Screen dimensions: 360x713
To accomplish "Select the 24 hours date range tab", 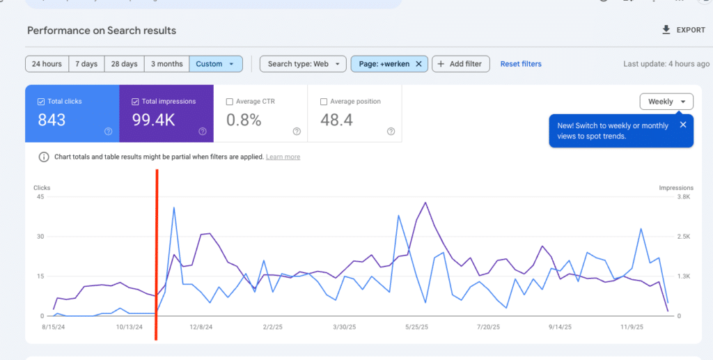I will [x=47, y=64].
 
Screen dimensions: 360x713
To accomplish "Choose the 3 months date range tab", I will [x=166, y=64].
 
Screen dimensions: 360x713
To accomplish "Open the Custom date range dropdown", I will [x=215, y=64].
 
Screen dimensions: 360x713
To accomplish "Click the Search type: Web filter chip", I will [x=303, y=64].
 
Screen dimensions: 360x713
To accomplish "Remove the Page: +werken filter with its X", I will [x=418, y=64].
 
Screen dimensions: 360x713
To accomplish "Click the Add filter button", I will [x=460, y=64].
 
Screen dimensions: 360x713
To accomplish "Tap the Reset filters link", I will [x=521, y=64].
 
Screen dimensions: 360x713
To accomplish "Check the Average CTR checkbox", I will [x=230, y=102].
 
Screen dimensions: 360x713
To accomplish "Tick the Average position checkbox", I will [x=324, y=102].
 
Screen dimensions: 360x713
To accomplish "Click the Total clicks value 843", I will [x=52, y=120].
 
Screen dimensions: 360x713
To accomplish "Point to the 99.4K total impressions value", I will [x=154, y=120].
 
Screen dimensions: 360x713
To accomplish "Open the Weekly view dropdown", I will [x=666, y=102].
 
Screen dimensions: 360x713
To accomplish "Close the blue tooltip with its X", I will [x=683, y=125].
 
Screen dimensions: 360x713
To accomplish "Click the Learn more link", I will [x=283, y=157].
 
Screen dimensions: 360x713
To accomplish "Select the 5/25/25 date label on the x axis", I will [x=420, y=327].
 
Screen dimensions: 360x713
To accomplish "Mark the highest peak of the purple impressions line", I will [x=425, y=203].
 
